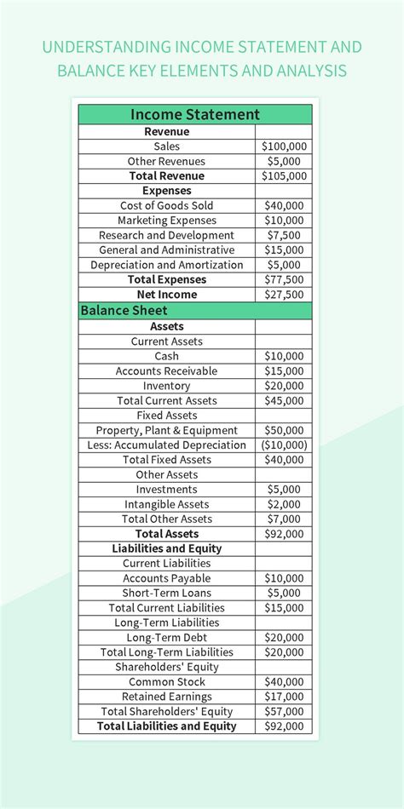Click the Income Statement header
point(195,114)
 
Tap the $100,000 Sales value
point(284,146)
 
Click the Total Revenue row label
point(167,176)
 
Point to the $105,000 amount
point(284,176)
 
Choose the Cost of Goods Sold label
point(167,205)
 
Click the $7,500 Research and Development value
point(284,235)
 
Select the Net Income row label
point(167,295)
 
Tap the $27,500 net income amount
point(284,295)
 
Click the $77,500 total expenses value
point(284,279)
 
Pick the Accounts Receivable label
point(167,371)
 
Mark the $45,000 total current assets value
point(284,400)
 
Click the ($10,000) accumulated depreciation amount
point(284,445)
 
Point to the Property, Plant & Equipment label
point(167,430)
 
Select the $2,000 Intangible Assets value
point(284,504)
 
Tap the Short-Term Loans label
point(167,593)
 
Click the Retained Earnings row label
point(167,697)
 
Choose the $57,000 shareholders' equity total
point(284,711)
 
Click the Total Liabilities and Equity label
point(167,726)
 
